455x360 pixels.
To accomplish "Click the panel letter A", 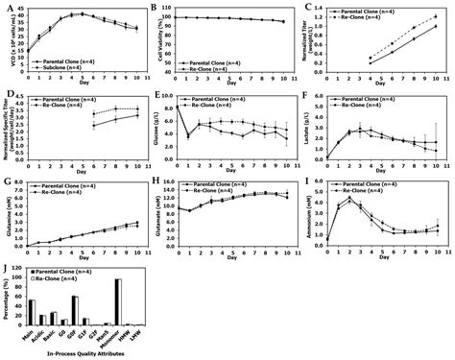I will pos(7,8).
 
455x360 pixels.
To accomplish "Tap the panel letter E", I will pos(157,96).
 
